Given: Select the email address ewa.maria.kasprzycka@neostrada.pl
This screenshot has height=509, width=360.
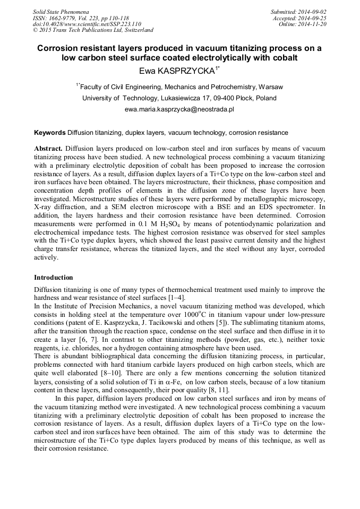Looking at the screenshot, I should click(x=179, y=109).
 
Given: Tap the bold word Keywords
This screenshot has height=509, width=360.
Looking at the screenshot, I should click(x=50, y=133).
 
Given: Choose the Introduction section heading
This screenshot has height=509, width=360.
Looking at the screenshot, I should click(x=53, y=278).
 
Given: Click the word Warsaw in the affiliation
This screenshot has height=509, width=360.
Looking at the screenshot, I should click(x=271, y=87).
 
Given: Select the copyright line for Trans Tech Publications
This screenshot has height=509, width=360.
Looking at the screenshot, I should click(x=93, y=30).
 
